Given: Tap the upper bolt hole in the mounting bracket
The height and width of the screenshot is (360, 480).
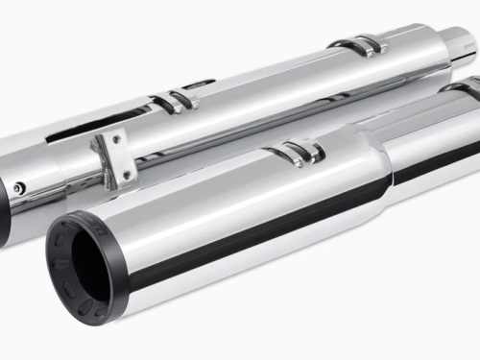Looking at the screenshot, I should click(x=113, y=142).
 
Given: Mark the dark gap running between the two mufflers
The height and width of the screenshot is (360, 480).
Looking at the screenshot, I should click(x=240, y=139).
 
